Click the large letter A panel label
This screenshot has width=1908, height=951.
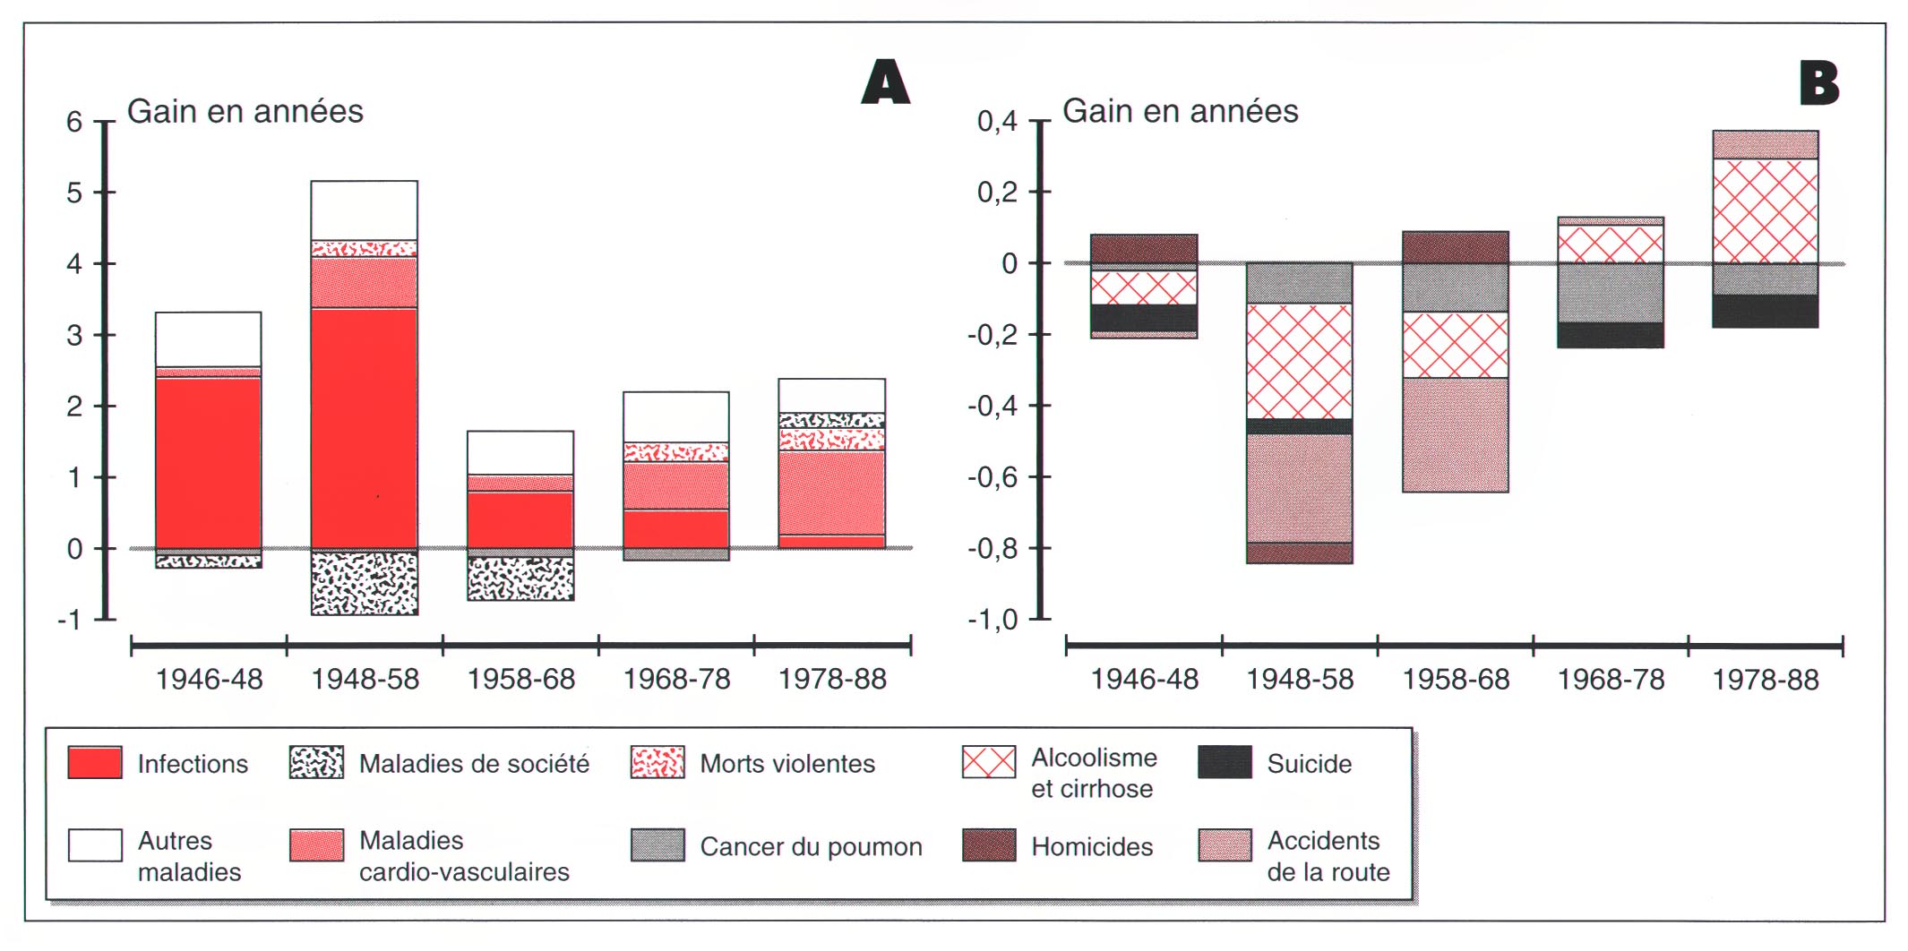[x=885, y=82]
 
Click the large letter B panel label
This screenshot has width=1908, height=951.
[x=1818, y=84]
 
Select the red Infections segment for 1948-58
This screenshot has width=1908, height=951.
[x=364, y=427]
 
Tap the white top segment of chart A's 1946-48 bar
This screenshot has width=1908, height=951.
[x=208, y=338]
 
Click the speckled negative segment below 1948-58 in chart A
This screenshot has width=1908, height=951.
[x=364, y=583]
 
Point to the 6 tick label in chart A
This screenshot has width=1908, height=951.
[x=74, y=122]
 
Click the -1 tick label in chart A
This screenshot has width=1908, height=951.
[x=69, y=620]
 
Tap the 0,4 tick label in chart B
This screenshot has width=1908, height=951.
[x=997, y=122]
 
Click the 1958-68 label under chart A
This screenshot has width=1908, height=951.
[x=520, y=680]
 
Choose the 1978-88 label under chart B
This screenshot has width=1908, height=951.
[x=1766, y=680]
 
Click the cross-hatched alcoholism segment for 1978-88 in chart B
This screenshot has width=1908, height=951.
[x=1765, y=210]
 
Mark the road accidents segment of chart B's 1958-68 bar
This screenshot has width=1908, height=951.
[x=1455, y=434]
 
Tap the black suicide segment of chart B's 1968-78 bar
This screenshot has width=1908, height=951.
[x=1610, y=335]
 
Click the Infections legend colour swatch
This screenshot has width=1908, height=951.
[x=95, y=763]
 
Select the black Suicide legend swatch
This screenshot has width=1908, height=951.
[x=1225, y=763]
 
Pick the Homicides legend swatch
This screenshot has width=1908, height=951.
[x=989, y=845]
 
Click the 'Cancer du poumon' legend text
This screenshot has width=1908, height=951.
[x=811, y=847]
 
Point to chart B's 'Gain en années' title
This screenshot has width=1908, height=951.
[x=1180, y=111]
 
